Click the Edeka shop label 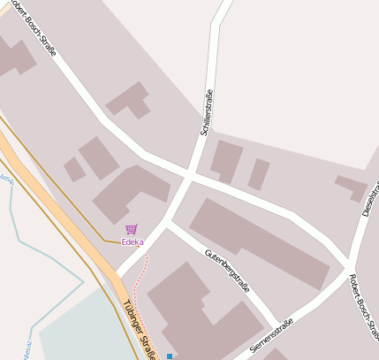pos(133,241)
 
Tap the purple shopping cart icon pos(132,229)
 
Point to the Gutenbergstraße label pos(227,268)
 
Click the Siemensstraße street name pos(271,336)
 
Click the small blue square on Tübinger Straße pos(169,356)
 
